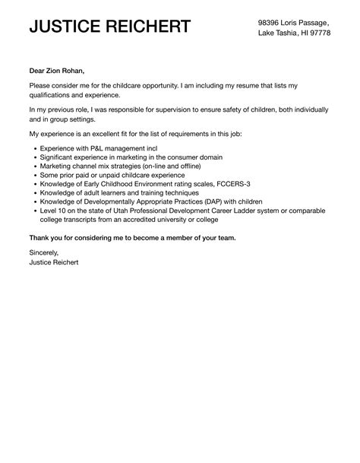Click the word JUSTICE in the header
(x=65, y=27)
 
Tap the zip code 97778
(x=318, y=34)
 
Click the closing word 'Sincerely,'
(x=43, y=252)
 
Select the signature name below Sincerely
(x=53, y=262)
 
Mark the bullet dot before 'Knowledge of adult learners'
(x=34, y=195)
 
